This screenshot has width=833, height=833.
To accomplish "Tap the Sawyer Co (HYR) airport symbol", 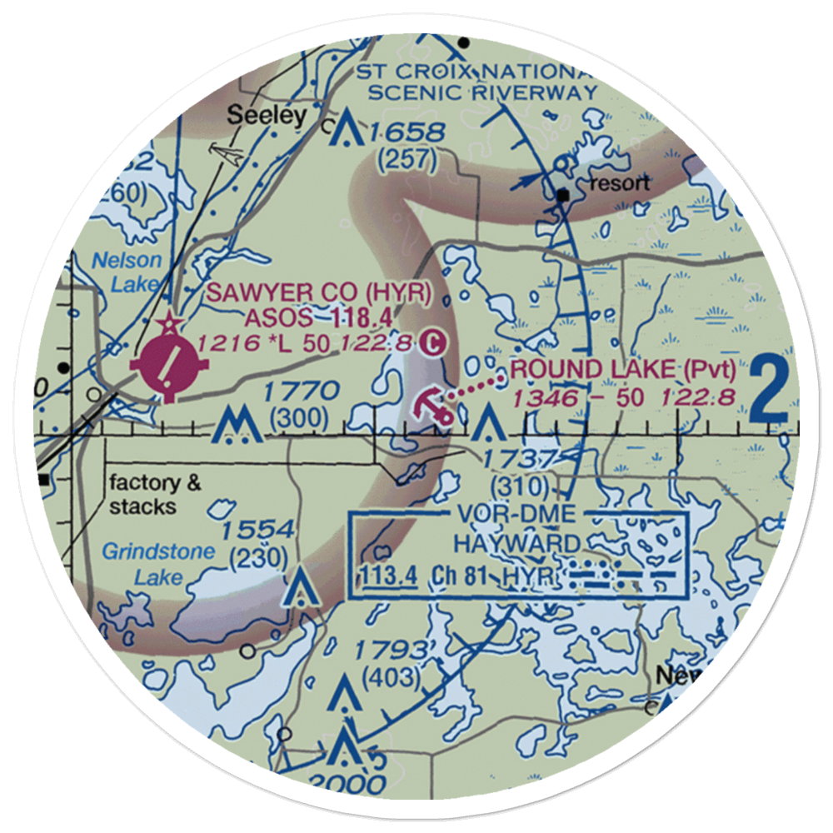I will pyautogui.click(x=171, y=363).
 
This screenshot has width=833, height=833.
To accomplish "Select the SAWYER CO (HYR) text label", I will pyautogui.click(x=319, y=292).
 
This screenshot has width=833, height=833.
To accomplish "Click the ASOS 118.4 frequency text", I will pyautogui.click(x=318, y=317).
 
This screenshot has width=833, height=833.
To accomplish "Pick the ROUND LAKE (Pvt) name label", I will pyautogui.click(x=624, y=370).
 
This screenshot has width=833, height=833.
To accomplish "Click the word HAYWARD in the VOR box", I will pyautogui.click(x=516, y=544).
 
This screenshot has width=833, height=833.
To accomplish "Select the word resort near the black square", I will pyautogui.click(x=617, y=182).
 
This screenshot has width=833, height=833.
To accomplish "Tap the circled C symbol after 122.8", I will pyautogui.click(x=431, y=342).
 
